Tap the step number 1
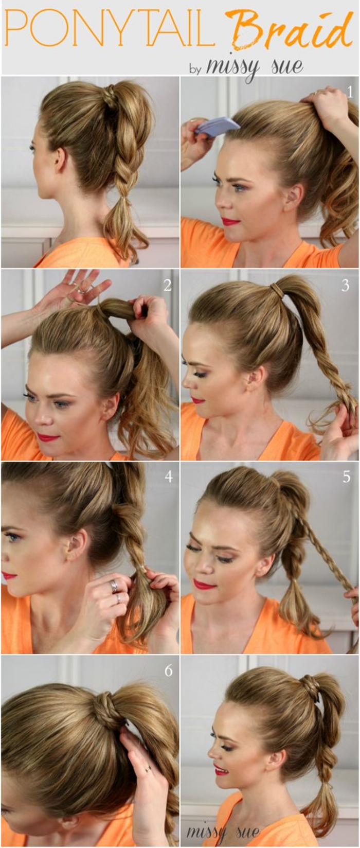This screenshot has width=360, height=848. pos(350,92)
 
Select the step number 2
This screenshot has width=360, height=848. pos(167,286)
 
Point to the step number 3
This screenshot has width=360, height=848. pos(345,286)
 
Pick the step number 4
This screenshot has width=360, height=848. pos(169,477)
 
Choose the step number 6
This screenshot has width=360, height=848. pos(169,671)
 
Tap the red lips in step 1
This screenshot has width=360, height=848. pos(230,221)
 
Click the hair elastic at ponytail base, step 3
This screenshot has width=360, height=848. pos(278,291)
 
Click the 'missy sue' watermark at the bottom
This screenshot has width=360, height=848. pos(223,832)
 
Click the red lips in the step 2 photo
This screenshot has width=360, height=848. pos(48,437)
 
